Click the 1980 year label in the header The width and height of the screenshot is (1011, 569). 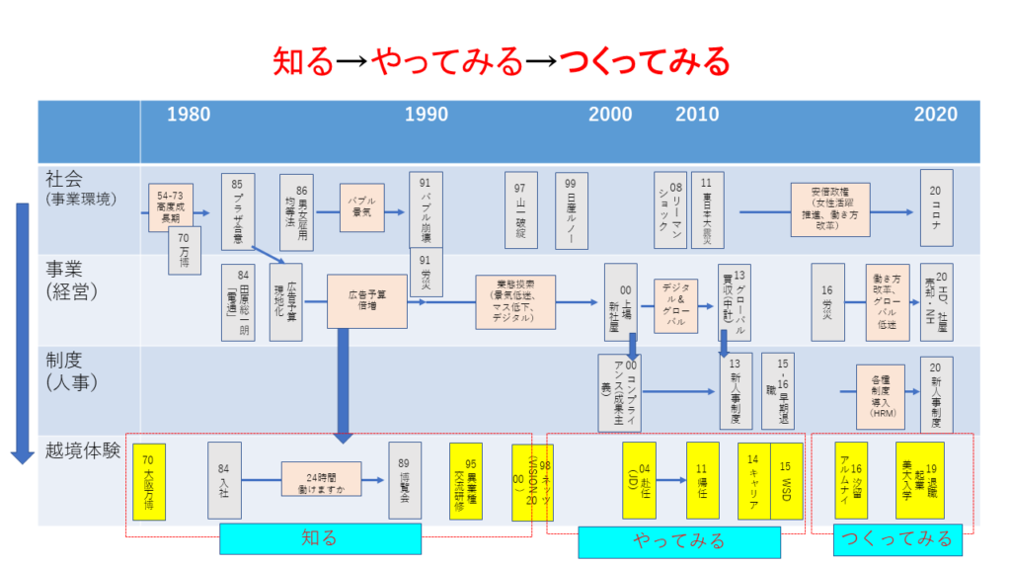(188, 115)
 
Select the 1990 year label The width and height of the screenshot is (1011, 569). (427, 115)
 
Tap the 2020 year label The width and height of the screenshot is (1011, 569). (935, 115)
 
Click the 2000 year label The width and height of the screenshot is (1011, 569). (610, 115)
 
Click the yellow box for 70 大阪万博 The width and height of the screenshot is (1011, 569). (148, 481)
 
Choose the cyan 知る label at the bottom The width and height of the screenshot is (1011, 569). (319, 538)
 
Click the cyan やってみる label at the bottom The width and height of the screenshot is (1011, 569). (678, 541)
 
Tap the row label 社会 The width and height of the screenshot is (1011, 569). (65, 179)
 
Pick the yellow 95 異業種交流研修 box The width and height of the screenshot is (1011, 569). (465, 481)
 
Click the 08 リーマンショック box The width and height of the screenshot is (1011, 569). (669, 210)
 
